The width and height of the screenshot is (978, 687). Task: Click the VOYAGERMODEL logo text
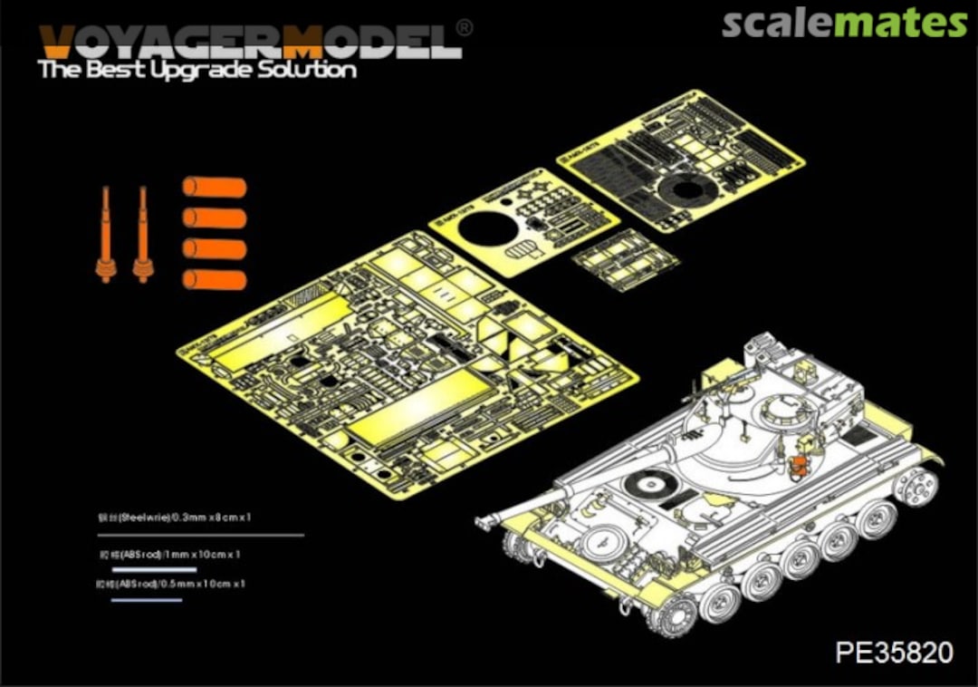click(x=249, y=40)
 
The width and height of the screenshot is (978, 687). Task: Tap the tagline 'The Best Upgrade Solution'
click(x=197, y=71)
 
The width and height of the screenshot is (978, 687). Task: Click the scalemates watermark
click(x=844, y=24)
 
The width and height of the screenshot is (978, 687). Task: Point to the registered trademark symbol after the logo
click(x=463, y=28)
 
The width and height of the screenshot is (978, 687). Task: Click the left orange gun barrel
click(x=106, y=236)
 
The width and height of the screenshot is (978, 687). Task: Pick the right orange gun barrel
click(x=142, y=236)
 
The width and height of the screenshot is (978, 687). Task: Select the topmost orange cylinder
click(x=215, y=188)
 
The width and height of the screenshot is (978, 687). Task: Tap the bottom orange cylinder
click(x=215, y=280)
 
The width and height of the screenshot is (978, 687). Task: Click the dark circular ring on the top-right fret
click(x=688, y=191)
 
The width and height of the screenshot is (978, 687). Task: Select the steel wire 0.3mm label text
click(x=175, y=517)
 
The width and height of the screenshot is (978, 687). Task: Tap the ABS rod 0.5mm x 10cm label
click(x=171, y=585)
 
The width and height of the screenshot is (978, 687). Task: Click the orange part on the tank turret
click(x=798, y=466)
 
